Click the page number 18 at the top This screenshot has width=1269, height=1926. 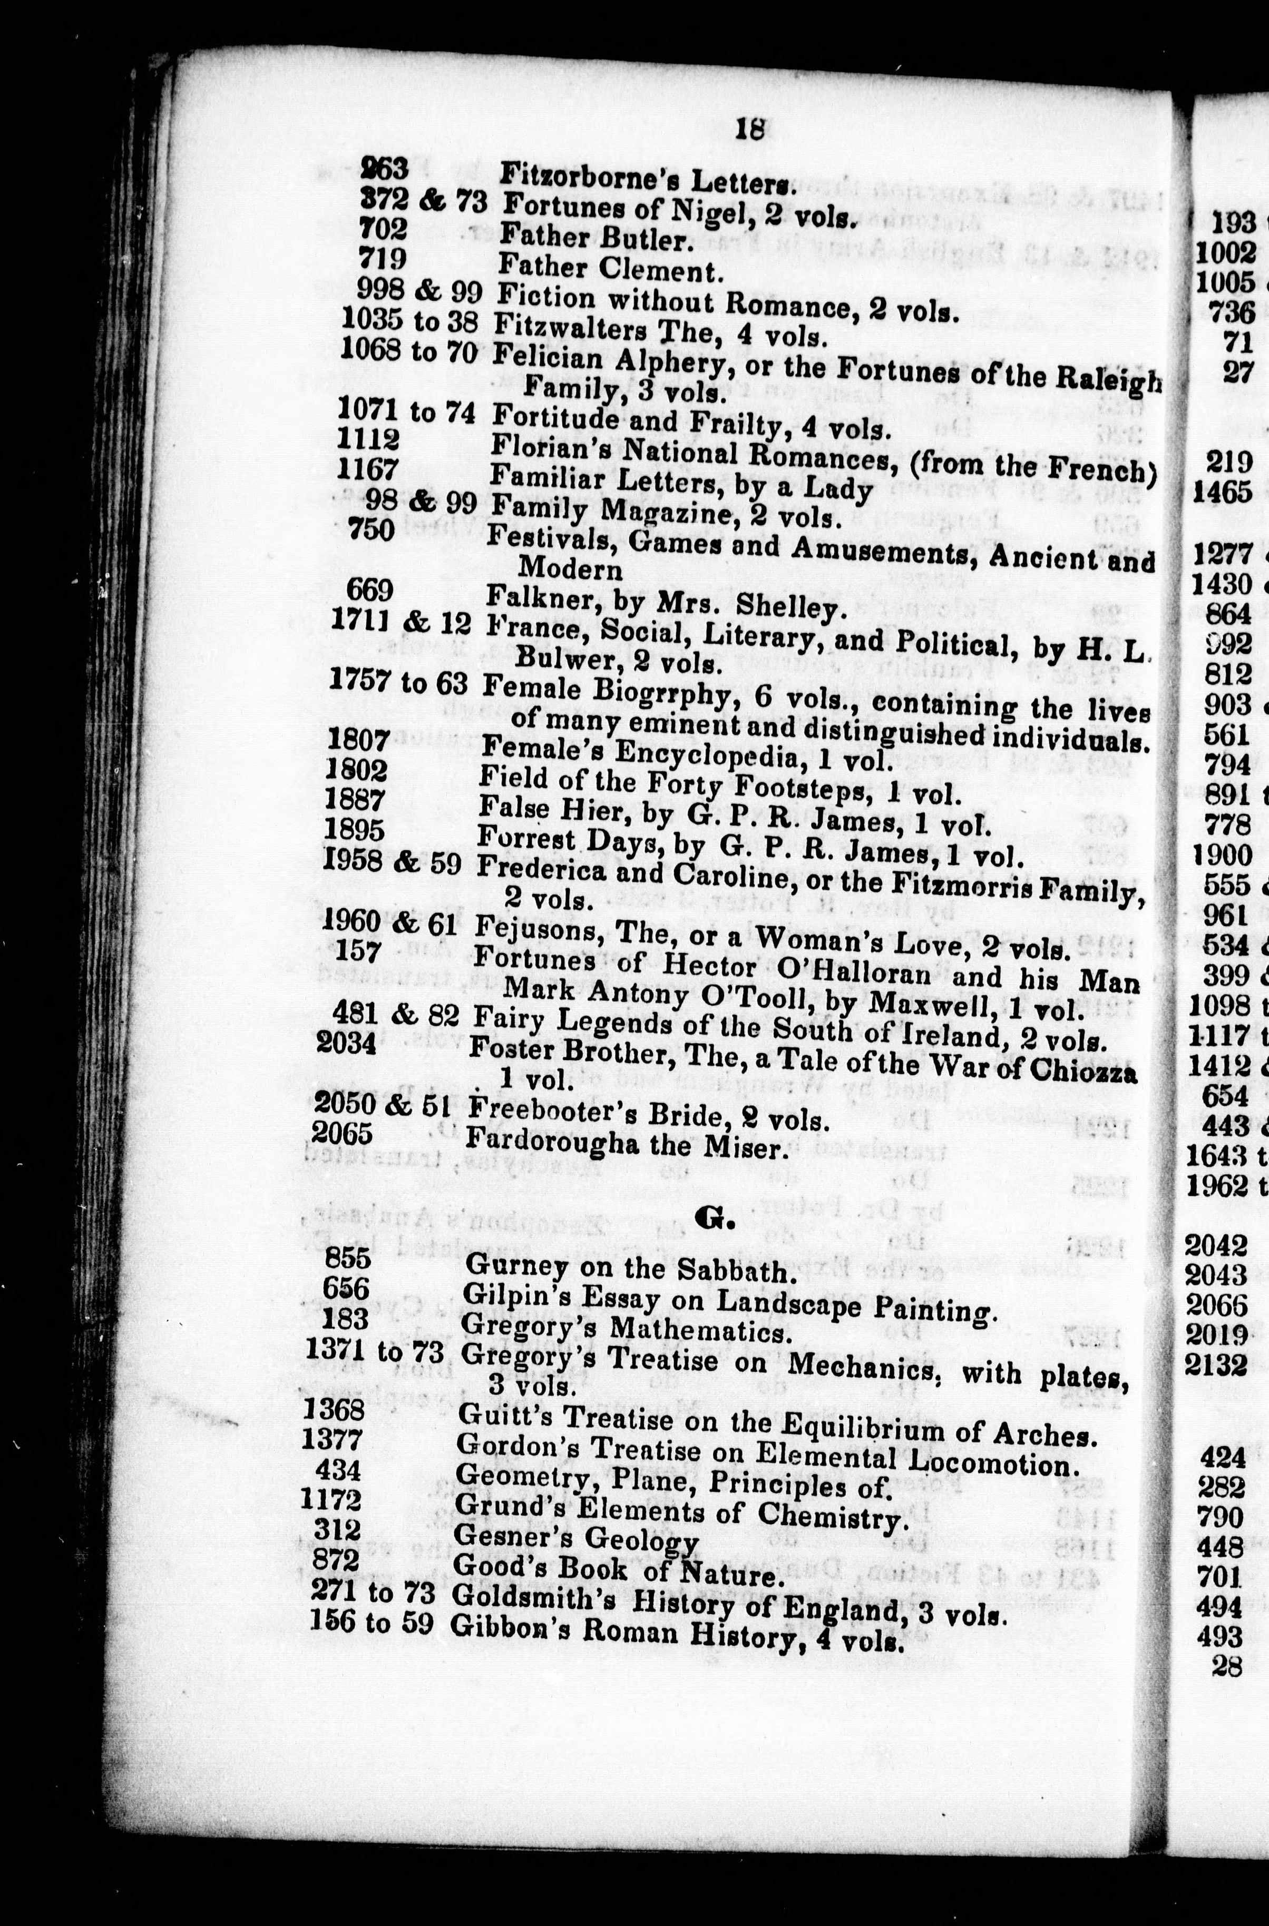pyautogui.click(x=750, y=130)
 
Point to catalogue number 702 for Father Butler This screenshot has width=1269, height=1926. pyautogui.click(x=383, y=229)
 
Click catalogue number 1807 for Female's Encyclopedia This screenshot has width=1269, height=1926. pyautogui.click(x=358, y=740)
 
